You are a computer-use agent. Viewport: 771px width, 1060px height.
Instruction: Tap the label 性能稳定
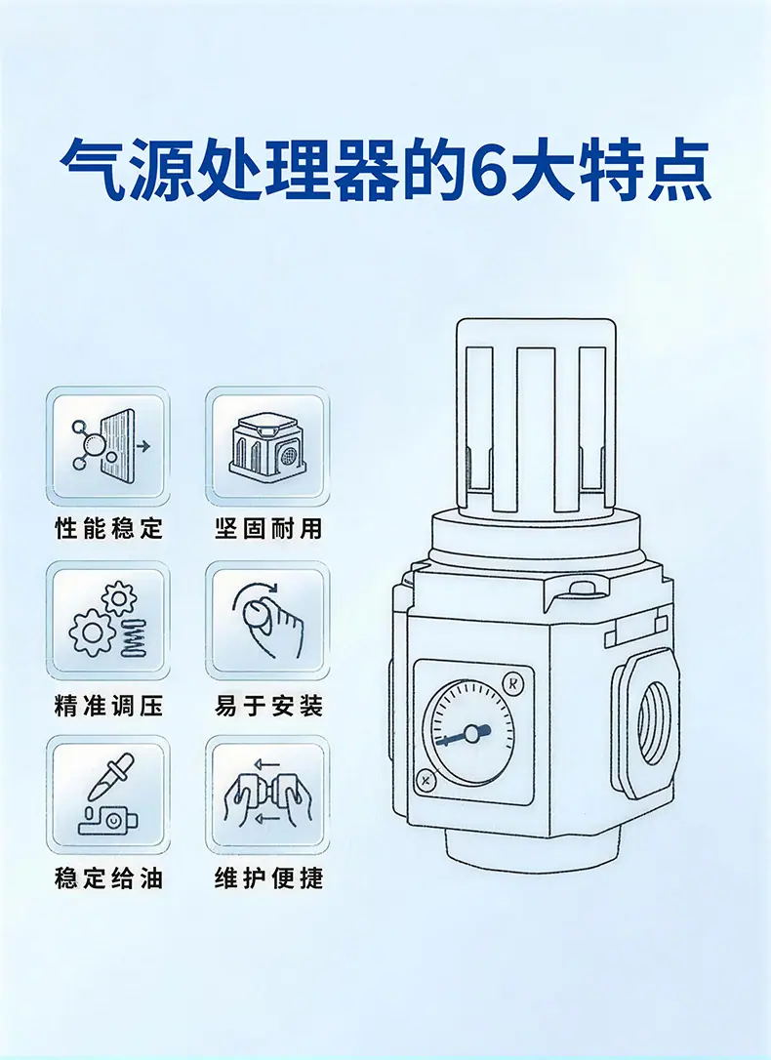click(x=108, y=528)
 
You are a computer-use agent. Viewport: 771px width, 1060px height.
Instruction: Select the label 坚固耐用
click(x=268, y=528)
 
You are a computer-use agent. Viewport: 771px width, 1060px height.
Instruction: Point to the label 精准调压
click(x=108, y=706)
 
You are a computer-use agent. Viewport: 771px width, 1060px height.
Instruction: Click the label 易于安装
click(x=268, y=706)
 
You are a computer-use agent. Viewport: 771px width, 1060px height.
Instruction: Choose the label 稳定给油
click(x=108, y=878)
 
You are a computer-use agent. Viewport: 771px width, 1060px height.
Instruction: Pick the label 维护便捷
click(x=268, y=878)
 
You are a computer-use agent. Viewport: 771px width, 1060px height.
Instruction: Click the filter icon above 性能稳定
click(x=108, y=446)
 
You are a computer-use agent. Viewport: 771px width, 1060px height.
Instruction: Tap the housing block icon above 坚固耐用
click(x=267, y=446)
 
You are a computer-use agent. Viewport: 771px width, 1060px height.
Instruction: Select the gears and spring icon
click(x=108, y=619)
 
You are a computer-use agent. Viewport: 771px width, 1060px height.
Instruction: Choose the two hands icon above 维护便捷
click(x=267, y=795)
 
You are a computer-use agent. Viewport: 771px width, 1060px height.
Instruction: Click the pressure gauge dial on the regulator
click(x=469, y=731)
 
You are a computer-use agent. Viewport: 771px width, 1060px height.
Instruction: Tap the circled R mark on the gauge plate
click(x=513, y=683)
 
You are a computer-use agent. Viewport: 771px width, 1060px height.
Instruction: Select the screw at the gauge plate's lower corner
click(x=426, y=782)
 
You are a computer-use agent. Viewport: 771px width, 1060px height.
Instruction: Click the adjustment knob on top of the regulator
click(x=535, y=416)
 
